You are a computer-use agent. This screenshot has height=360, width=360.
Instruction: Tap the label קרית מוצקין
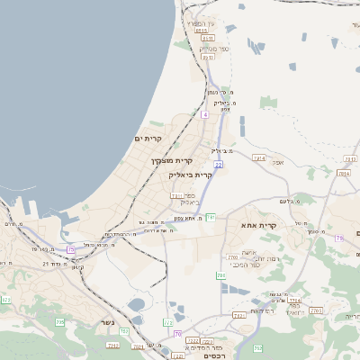pyautogui.click(x=169, y=160)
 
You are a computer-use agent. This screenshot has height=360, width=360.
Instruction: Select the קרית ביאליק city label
pyautogui.click(x=191, y=175)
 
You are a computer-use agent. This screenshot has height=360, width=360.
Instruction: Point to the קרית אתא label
pyautogui.click(x=258, y=225)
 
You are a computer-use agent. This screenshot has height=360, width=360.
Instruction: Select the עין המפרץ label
pyautogui.click(x=201, y=22)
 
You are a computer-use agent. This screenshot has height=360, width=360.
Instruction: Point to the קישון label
pyautogui.click(x=77, y=266)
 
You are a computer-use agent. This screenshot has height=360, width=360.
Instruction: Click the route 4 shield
pyautogui.click(x=205, y=115)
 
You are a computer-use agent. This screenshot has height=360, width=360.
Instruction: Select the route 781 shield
pyautogui.click(x=211, y=217)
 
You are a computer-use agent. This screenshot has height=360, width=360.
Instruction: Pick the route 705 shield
pyautogui.click(x=60, y=321)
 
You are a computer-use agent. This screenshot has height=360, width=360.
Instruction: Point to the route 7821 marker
pyautogui.click(x=238, y=316)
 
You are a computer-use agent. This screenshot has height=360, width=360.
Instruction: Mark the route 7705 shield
pyautogui.click(x=294, y=300)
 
